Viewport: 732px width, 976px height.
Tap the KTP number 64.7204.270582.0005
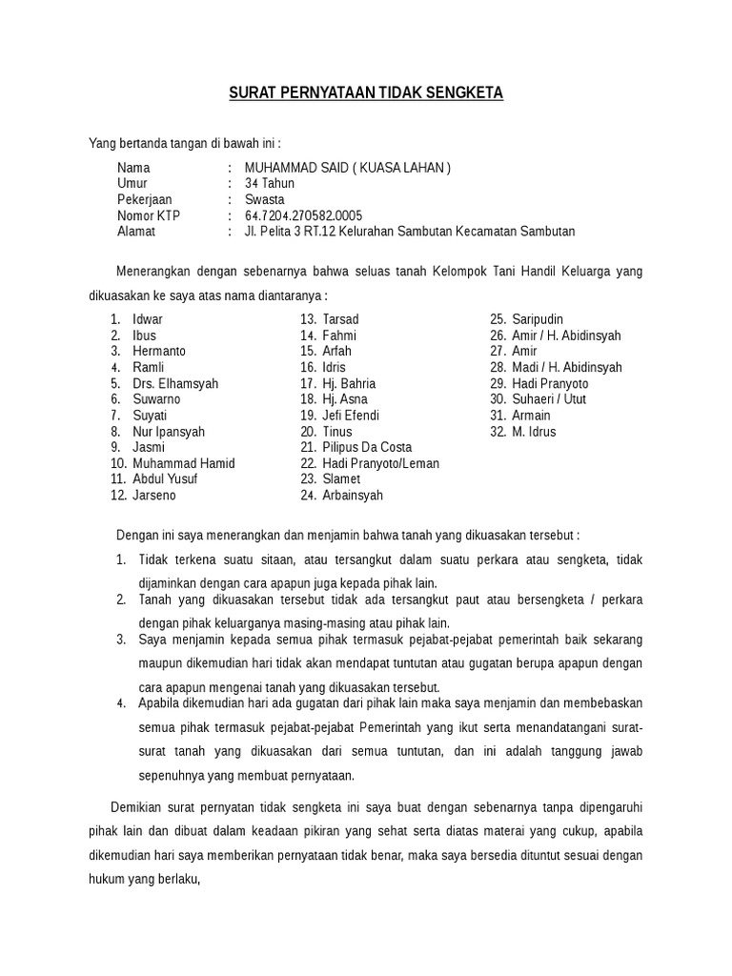point(303,215)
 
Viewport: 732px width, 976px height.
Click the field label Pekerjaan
point(144,200)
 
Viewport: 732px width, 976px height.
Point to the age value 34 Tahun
point(270,184)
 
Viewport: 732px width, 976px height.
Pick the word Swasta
point(264,200)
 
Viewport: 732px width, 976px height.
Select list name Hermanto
point(159,352)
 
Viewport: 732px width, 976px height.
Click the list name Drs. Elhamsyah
point(175,383)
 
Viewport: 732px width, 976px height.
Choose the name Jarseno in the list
point(154,496)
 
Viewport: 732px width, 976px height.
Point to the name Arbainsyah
point(354,496)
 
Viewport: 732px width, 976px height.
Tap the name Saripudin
point(539,319)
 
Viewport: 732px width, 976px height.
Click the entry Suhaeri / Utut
point(551,399)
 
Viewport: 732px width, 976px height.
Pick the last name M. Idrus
point(534,432)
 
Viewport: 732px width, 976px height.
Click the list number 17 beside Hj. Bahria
point(308,383)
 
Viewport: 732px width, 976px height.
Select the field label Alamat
point(136,232)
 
